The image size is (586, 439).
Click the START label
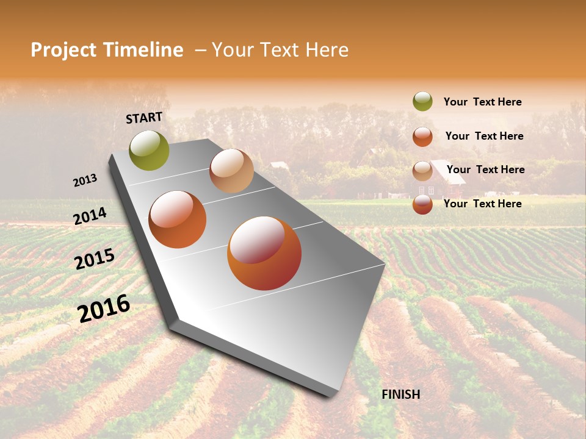point(144,117)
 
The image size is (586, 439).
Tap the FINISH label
point(400,394)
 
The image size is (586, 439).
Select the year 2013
point(85,180)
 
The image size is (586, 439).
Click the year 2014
point(90,216)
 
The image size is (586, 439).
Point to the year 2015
point(95,259)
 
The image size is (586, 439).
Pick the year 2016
point(104,309)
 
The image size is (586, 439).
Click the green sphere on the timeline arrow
point(150,151)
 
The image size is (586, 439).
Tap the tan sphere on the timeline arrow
point(231,171)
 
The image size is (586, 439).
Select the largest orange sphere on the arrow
point(264,253)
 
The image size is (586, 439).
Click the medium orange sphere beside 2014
point(178,220)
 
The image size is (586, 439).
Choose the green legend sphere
point(422,102)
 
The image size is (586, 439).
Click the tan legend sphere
point(422,171)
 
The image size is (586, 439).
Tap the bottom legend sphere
point(422,205)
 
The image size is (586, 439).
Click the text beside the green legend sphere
point(482,102)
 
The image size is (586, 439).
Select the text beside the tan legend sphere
point(486,170)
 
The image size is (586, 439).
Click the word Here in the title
point(327,50)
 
